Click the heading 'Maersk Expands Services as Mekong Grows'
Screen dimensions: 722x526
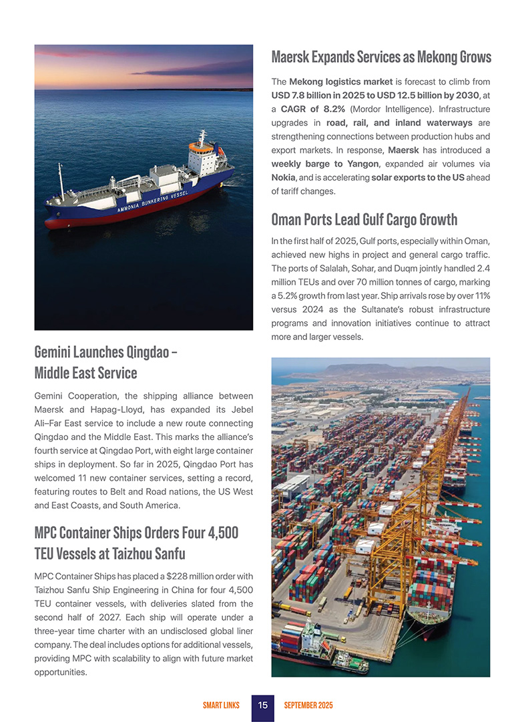pos(381,57)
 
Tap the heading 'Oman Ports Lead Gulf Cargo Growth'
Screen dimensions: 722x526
pos(364,219)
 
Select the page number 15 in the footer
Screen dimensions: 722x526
pos(263,705)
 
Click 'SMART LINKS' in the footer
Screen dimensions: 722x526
pos(221,705)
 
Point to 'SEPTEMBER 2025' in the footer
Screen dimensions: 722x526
pos(308,705)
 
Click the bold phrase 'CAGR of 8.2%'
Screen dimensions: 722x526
pos(311,109)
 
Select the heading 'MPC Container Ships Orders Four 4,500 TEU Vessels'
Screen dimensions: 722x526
pos(136,543)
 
